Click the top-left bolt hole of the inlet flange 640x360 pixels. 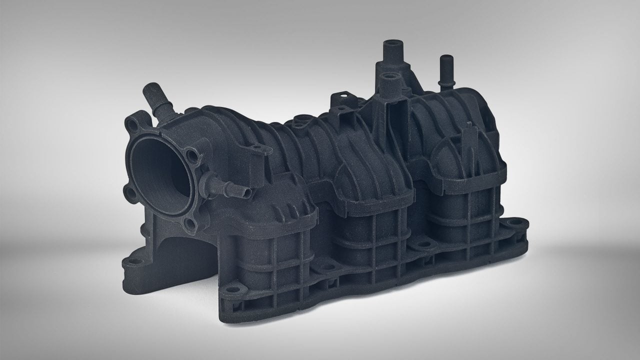tap(132, 123)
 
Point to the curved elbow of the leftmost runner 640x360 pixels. tap(280, 200)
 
